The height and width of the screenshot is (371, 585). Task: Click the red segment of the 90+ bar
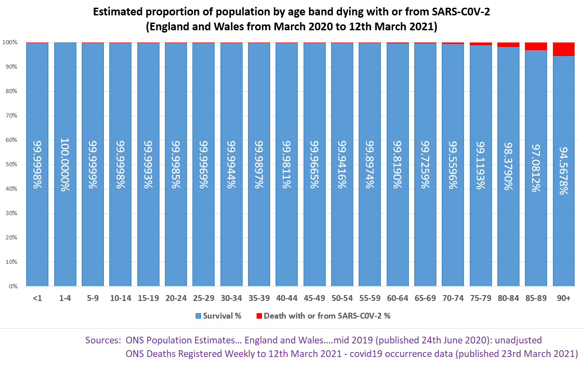coord(563,49)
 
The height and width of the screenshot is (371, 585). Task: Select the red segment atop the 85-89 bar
coord(536,46)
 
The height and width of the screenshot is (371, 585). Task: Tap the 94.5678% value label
coord(563,170)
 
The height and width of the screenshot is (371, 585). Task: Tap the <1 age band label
coord(37,298)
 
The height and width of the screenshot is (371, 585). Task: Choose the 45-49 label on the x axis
coord(314,298)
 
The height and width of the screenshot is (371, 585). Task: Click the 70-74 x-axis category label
coord(453,298)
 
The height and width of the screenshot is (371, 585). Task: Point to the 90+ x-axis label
coord(563,298)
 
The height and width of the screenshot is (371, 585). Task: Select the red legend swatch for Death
coord(259,316)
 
